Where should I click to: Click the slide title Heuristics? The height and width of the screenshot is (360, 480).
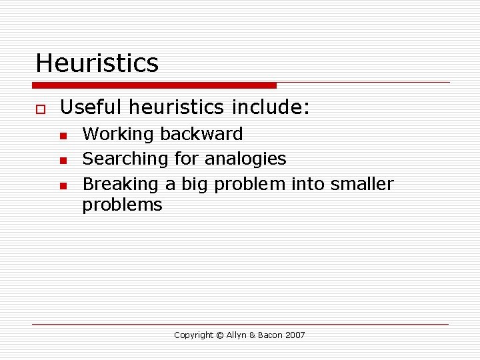pos(97,63)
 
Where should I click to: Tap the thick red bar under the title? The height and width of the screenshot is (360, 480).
pos(154,85)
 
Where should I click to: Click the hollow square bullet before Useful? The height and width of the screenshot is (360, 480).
pos(41,109)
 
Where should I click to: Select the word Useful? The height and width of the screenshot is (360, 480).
pos(91,107)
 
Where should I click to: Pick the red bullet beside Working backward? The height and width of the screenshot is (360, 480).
pos(63,136)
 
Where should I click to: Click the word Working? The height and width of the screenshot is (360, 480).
pos(117,135)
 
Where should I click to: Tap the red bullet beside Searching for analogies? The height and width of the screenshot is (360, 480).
pos(63,161)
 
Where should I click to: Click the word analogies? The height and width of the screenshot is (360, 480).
pos(245,159)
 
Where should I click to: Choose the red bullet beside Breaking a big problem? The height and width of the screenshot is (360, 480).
pos(63,186)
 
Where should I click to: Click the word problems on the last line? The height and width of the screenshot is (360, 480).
pos(122,205)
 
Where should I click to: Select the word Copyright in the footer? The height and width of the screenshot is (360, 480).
pos(193,335)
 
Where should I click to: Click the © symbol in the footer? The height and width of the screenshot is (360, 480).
pos(219,335)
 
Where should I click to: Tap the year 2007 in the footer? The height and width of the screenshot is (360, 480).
pos(295,335)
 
